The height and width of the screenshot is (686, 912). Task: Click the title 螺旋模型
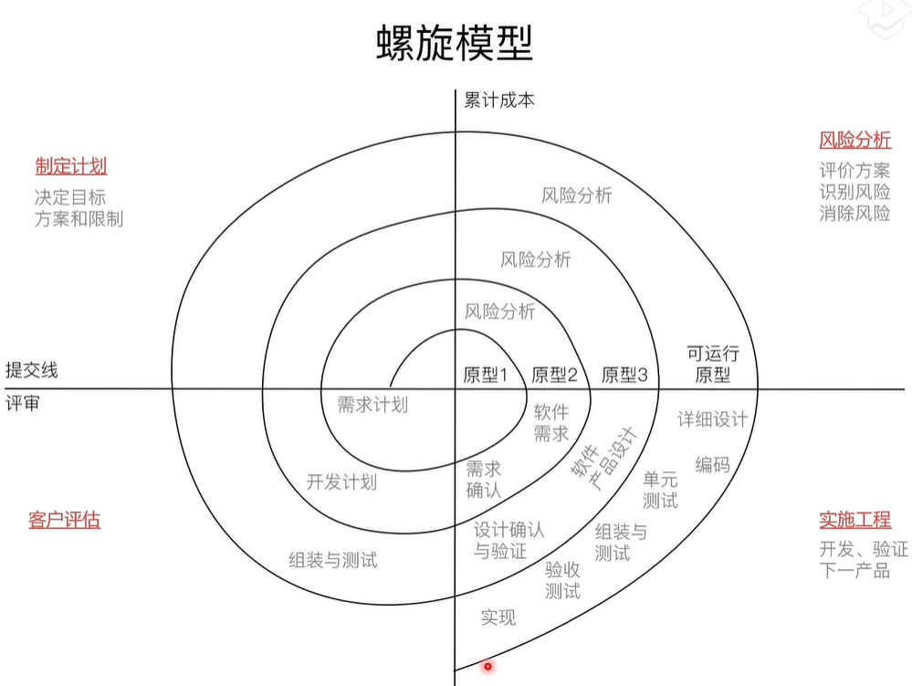point(455,43)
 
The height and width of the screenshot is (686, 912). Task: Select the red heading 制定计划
point(71,165)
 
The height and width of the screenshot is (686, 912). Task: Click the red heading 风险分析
point(854,140)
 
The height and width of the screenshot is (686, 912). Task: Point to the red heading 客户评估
point(64,520)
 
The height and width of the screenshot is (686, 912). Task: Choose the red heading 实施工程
point(854,520)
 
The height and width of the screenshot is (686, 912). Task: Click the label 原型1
point(486,374)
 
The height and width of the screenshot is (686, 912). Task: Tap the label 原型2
point(554,374)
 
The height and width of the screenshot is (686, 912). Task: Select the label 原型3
point(624,374)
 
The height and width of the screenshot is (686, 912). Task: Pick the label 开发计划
point(341,482)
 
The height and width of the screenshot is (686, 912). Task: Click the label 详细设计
point(712,419)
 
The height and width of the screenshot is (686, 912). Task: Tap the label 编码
point(712,464)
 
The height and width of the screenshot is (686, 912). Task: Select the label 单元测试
point(660,490)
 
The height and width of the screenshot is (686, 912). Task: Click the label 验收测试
point(562,580)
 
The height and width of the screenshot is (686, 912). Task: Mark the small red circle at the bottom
point(487,666)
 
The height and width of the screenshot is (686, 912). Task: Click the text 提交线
point(31,370)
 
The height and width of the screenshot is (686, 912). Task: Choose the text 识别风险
point(854,192)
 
